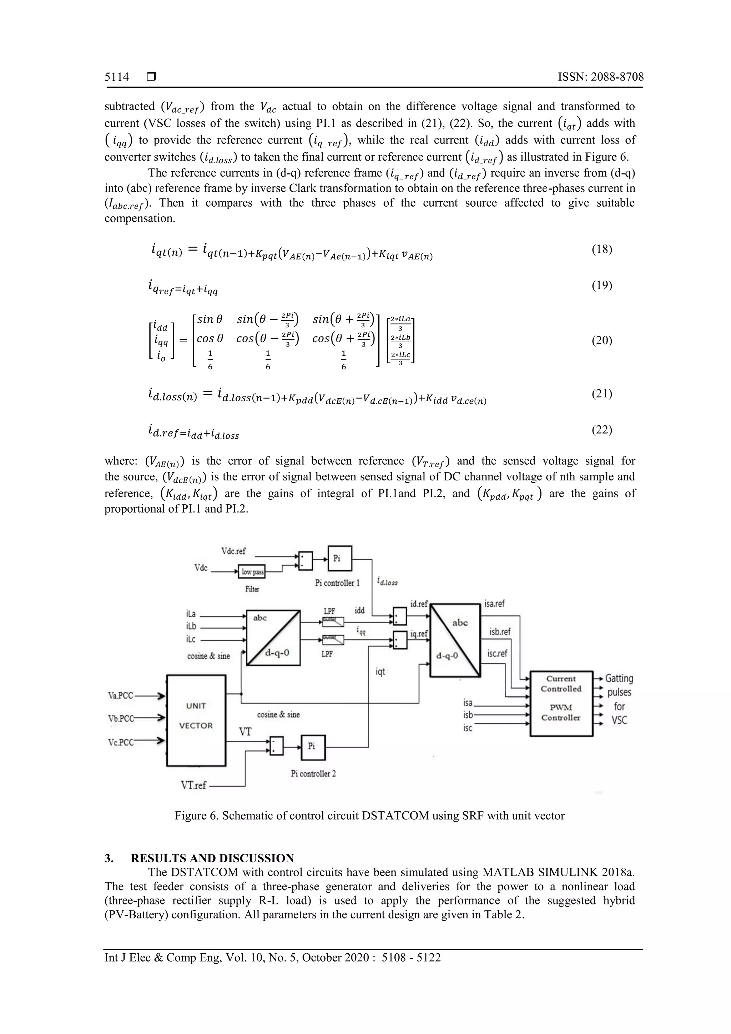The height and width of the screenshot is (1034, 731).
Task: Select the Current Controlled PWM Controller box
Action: [x=561, y=703]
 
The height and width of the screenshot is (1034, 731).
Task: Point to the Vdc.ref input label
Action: [x=233, y=551]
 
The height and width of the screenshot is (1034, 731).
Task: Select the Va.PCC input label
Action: [x=121, y=696]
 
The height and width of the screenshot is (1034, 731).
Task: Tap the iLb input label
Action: [x=191, y=626]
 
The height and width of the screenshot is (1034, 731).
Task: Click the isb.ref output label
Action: [x=500, y=632]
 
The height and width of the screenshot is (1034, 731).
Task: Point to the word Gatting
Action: [x=619, y=678]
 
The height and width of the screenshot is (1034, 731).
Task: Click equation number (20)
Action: [x=602, y=341]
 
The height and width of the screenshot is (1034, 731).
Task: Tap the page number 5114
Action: [x=117, y=77]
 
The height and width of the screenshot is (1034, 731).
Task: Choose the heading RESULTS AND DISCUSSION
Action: [x=212, y=858]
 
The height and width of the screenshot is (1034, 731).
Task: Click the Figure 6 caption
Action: [x=369, y=816]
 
